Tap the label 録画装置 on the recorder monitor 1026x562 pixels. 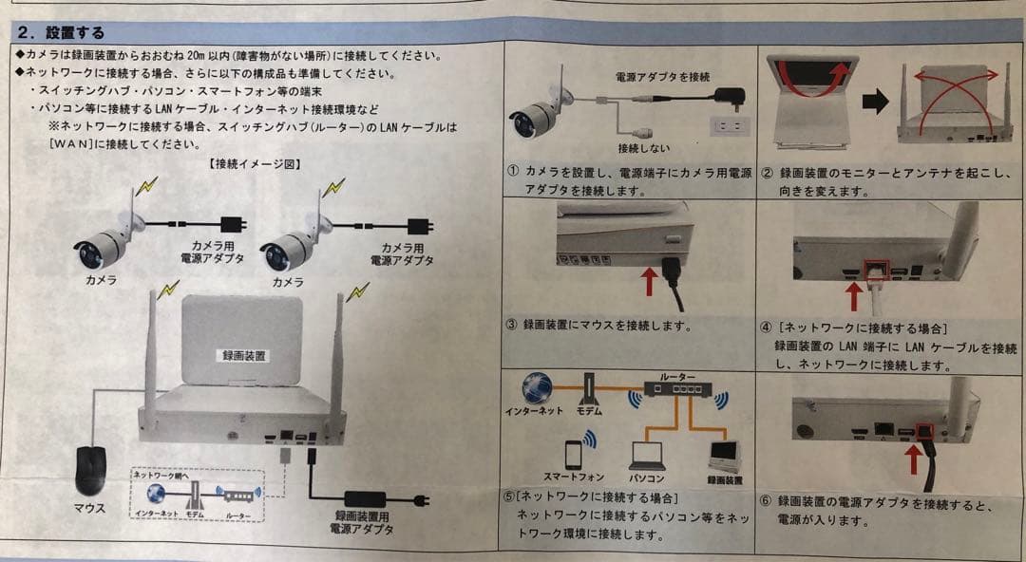pyautogui.click(x=244, y=355)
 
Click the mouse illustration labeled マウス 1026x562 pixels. pyautogui.click(x=91, y=469)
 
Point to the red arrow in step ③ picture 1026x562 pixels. pyautogui.click(x=649, y=282)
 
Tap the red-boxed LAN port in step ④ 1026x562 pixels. pyautogui.click(x=875, y=270)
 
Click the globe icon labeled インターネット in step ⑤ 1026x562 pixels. pyautogui.click(x=536, y=388)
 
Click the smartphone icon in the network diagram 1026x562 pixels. pyautogui.click(x=573, y=453)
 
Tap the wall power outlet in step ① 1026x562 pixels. pyautogui.click(x=730, y=125)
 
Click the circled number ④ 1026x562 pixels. pyautogui.click(x=766, y=328)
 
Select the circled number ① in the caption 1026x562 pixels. pyautogui.click(x=513, y=172)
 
